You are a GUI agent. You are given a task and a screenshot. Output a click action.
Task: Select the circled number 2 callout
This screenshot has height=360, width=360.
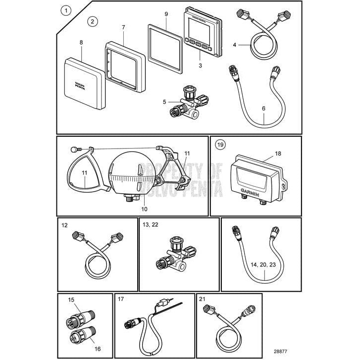tap(93, 21)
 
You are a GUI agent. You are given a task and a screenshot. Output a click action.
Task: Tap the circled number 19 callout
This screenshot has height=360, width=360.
tap(220, 145)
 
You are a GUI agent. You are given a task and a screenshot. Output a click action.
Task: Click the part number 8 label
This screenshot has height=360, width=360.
tap(81, 43)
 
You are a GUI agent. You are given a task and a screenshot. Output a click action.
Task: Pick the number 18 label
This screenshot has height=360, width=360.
tap(277, 154)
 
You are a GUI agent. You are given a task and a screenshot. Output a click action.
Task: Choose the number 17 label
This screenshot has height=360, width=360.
tap(120, 299)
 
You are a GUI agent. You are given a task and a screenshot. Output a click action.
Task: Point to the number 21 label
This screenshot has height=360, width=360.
tap(202, 299)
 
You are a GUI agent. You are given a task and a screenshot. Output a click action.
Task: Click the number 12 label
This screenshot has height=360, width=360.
tap(64, 225)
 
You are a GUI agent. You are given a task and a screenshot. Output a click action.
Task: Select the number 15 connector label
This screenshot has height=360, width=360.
tap(71, 300)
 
